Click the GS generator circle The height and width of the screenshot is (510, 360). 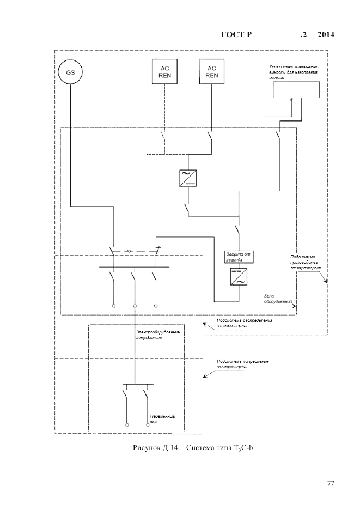[x=71, y=72]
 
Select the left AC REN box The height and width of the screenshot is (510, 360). [x=164, y=72]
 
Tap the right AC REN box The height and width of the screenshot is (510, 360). [x=212, y=72]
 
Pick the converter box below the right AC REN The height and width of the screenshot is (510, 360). [x=188, y=178]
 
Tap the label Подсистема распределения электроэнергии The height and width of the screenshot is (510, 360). [x=243, y=323]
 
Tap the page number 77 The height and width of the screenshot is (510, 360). [x=330, y=483]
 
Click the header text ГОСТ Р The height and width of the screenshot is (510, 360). [x=235, y=35]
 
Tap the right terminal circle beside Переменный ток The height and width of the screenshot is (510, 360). [x=147, y=424]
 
